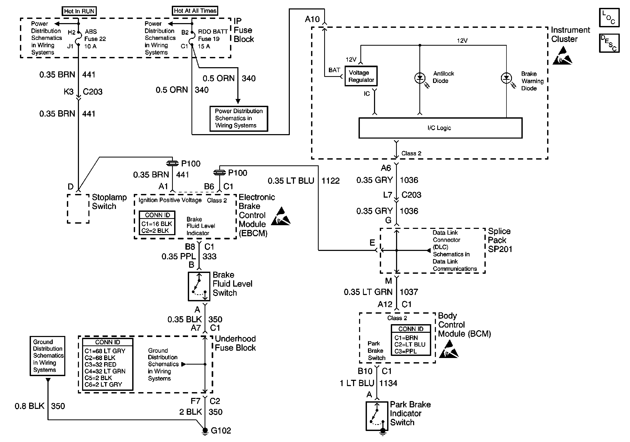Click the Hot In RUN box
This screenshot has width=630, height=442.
click(x=79, y=11)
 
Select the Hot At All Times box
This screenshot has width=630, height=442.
click(x=195, y=11)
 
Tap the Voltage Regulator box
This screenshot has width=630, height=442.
click(x=361, y=76)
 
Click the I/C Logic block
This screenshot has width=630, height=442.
click(x=440, y=128)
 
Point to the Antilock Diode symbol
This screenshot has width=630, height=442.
click(x=420, y=78)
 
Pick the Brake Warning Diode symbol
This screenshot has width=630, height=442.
click(x=506, y=78)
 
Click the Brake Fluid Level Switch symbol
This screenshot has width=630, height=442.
click(x=199, y=286)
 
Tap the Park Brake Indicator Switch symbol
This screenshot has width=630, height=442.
click(x=377, y=416)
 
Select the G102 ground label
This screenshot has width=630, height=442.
click(x=221, y=430)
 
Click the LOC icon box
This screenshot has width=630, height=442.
click(x=609, y=18)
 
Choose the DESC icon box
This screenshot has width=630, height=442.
click(x=609, y=43)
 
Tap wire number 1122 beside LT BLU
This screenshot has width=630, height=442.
click(x=330, y=181)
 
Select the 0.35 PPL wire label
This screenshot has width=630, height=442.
click(x=179, y=256)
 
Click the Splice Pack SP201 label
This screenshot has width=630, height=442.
click(x=500, y=240)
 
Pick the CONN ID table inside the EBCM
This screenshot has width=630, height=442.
click(x=157, y=223)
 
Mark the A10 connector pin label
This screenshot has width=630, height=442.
click(x=312, y=19)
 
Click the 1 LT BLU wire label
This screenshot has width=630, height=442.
click(x=357, y=383)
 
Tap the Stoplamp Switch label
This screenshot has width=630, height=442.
click(x=109, y=202)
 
